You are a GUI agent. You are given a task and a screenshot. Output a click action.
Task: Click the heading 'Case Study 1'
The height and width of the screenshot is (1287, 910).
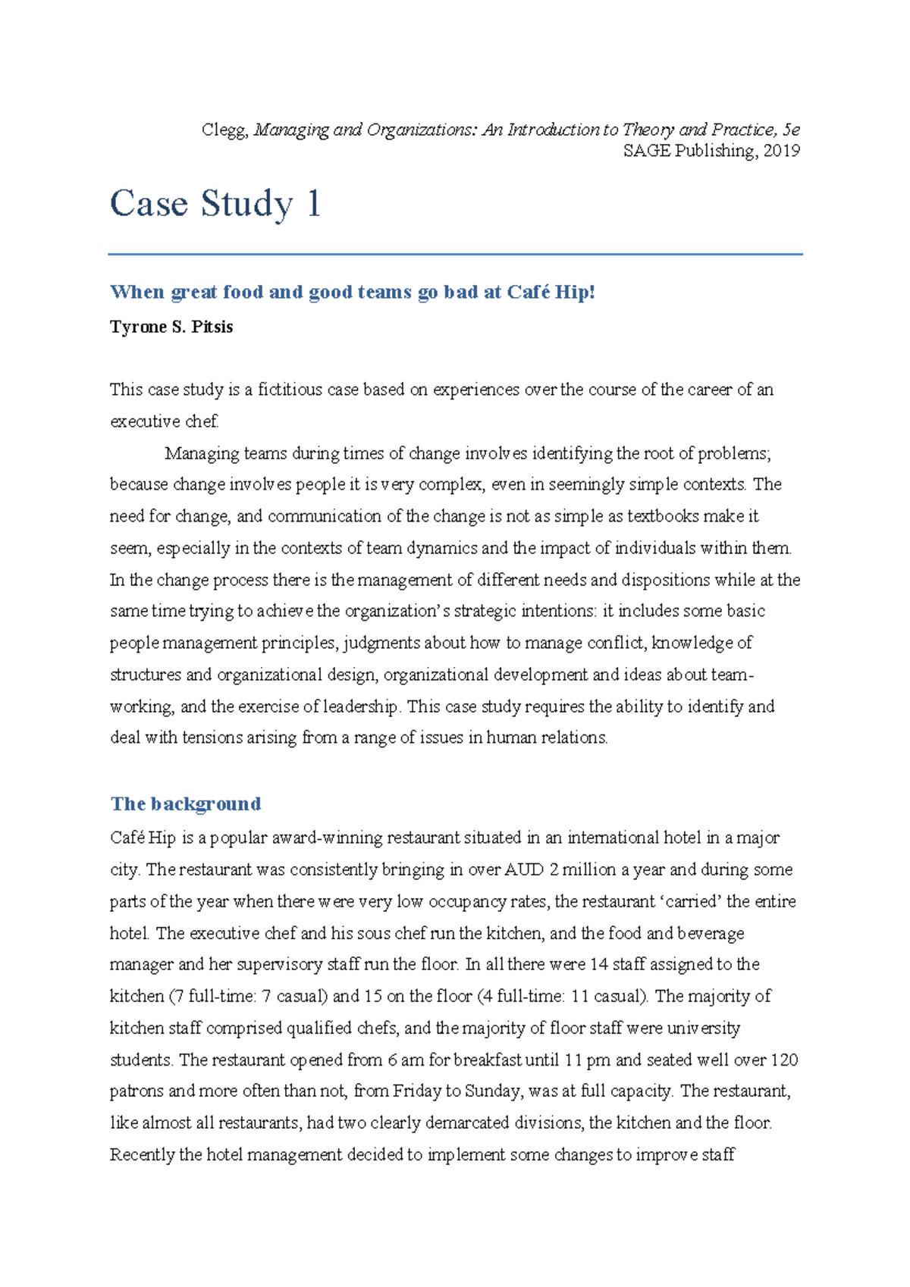click(x=215, y=204)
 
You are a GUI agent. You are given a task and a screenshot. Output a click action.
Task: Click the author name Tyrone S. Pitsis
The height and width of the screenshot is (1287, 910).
click(x=171, y=327)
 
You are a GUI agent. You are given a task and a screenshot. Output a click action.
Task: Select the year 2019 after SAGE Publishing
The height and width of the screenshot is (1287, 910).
click(x=782, y=151)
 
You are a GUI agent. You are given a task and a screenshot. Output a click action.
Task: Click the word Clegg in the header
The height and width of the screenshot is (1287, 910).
click(x=224, y=130)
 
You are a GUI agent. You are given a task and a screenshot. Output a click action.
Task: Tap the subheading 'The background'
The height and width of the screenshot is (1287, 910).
click(x=186, y=803)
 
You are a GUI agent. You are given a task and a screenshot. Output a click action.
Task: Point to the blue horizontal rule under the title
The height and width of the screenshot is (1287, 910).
click(x=455, y=255)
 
